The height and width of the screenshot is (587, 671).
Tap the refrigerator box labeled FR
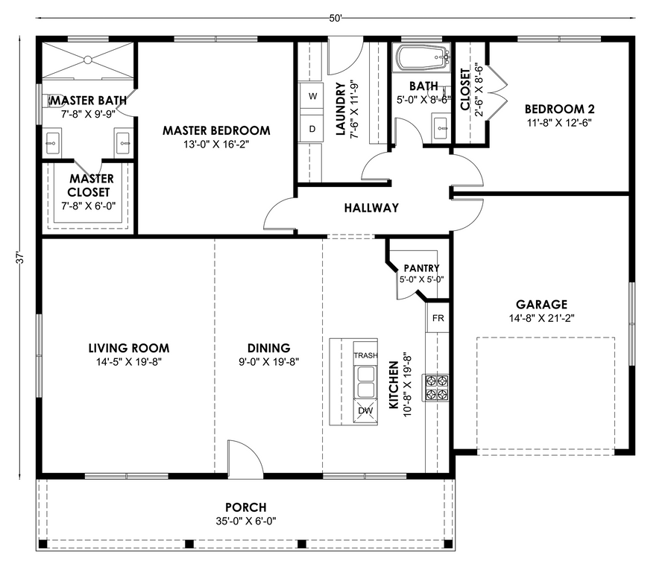point(438,318)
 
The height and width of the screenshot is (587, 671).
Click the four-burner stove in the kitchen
point(436,388)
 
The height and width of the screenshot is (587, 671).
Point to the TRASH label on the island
point(365,355)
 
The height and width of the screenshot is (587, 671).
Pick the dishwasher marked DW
point(365,411)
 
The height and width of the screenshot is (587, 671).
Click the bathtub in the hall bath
point(423,57)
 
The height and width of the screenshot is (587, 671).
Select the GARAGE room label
point(541,305)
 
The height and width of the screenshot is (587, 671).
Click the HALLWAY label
point(371,208)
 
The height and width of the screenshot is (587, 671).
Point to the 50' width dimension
point(335,18)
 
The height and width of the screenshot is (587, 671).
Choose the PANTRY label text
point(421,268)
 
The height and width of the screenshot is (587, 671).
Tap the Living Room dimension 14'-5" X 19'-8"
point(129,362)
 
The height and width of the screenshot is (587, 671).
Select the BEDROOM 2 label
point(559,109)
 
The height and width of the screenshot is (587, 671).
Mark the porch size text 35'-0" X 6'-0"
point(245,521)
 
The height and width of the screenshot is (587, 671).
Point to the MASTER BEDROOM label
point(216,130)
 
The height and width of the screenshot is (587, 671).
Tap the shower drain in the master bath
point(88,60)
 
